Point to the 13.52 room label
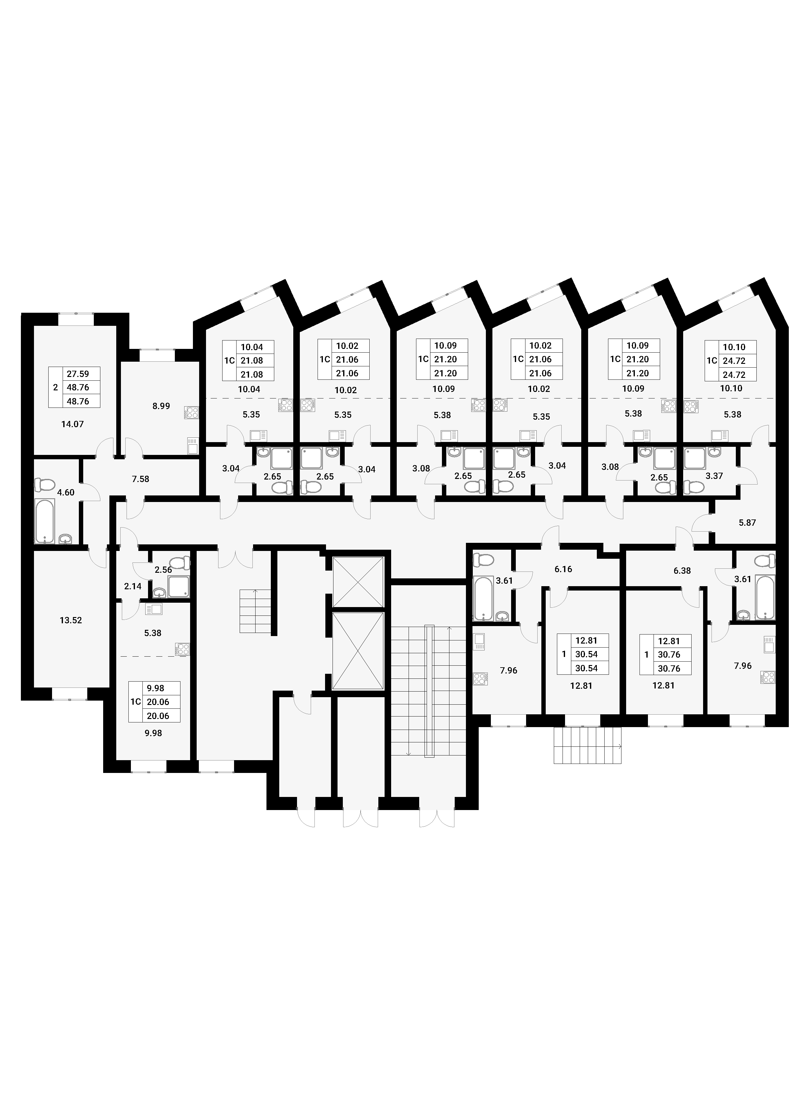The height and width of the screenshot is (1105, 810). (71, 620)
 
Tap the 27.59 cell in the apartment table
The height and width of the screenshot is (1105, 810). (79, 374)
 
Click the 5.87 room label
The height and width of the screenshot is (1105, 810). (747, 523)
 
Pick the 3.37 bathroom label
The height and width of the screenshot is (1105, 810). (714, 476)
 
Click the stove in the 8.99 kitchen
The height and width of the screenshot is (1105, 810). (191, 413)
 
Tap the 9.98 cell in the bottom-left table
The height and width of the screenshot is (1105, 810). (156, 689)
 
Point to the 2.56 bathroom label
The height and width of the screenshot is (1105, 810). (163, 570)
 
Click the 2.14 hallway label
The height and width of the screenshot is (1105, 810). (133, 586)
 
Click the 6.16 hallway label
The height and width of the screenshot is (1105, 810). (563, 569)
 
